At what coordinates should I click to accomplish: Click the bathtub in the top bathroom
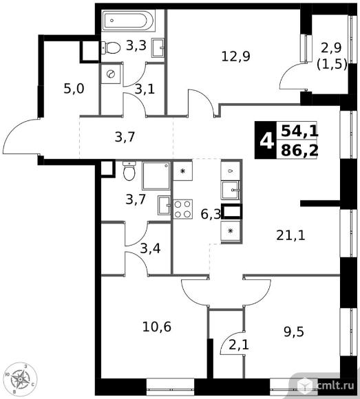128,21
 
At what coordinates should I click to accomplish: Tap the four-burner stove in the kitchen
183,209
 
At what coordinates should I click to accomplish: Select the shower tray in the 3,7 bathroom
156,175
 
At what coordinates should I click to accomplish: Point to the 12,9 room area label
236,56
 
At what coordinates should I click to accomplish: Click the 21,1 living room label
290,235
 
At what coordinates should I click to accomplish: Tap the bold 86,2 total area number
299,151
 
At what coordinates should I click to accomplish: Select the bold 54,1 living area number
299,131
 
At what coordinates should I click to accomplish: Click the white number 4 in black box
266,141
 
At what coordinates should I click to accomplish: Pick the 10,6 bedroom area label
157,327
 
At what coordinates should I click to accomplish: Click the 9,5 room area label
294,332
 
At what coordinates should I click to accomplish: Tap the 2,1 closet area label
239,345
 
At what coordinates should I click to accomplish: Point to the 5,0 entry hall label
74,89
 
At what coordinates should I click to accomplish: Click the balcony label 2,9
331,47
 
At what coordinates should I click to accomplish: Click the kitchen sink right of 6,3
231,190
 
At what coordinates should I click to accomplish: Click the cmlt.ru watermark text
335,385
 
